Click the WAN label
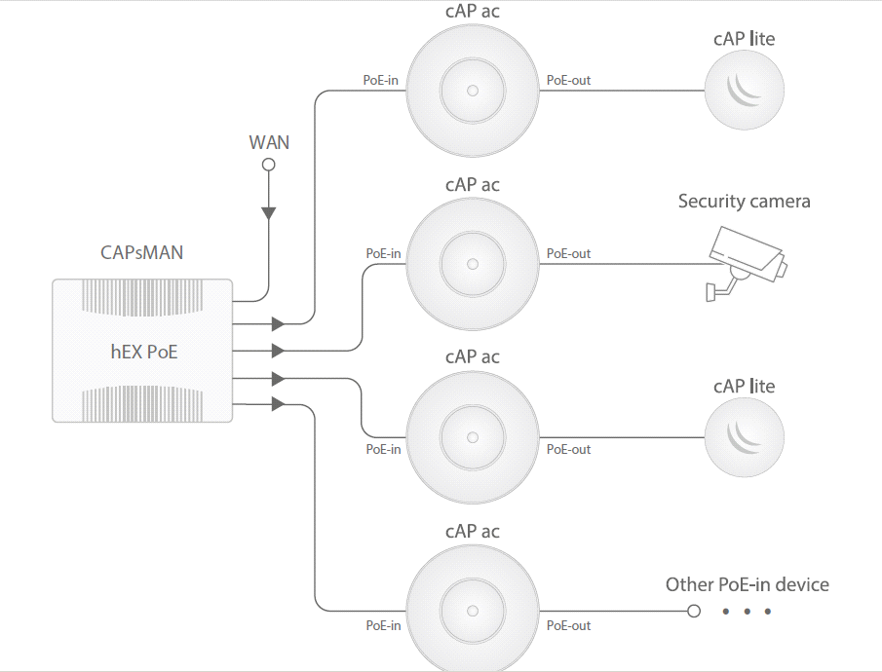(x=269, y=142)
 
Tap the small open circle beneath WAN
(x=269, y=165)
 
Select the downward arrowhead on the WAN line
(x=269, y=213)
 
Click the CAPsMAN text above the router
(x=142, y=253)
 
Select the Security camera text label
(x=744, y=202)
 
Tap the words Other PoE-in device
(x=747, y=584)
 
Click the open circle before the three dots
(x=693, y=612)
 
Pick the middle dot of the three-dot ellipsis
(x=747, y=612)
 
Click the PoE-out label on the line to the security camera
(x=568, y=253)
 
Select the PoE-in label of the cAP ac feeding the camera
(x=383, y=253)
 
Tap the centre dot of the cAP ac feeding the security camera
(x=473, y=264)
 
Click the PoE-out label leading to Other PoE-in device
(x=568, y=625)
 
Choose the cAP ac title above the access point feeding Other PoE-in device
(x=473, y=531)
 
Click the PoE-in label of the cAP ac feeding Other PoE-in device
(x=383, y=625)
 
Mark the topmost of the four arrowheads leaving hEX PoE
(x=278, y=322)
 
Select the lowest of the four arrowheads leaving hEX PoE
(x=278, y=403)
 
